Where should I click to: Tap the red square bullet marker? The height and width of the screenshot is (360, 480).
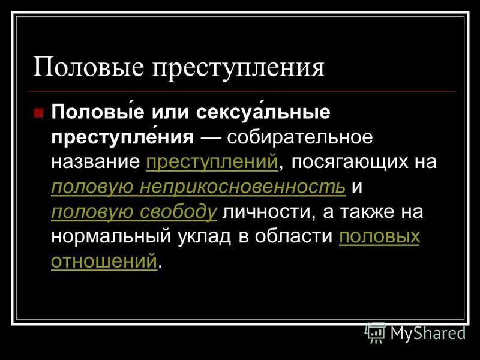pyautogui.click(x=38, y=112)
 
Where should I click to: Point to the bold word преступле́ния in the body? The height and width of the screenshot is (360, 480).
pyautogui.click(x=122, y=137)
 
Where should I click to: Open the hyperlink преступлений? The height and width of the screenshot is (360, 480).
pyautogui.click(x=211, y=163)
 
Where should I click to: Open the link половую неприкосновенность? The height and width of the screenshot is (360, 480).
pyautogui.click(x=198, y=187)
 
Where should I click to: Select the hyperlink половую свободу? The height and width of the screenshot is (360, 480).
pyautogui.click(x=134, y=212)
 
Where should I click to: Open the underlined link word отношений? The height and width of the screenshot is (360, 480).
pyautogui.click(x=104, y=262)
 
